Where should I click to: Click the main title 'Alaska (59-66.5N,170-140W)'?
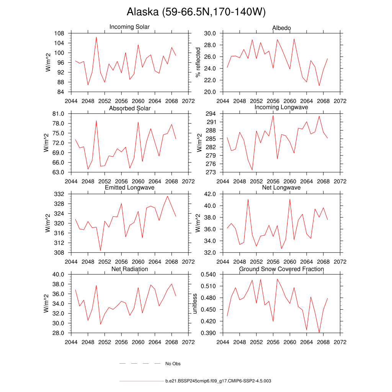click(x=196, y=12)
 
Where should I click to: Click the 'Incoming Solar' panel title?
click(x=129, y=27)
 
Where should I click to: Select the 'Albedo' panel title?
click(x=281, y=28)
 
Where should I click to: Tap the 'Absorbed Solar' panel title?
click(x=130, y=108)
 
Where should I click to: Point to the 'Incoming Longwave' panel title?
click(x=281, y=107)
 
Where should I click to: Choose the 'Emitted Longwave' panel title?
click(x=130, y=188)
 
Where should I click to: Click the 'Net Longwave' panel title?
click(x=281, y=188)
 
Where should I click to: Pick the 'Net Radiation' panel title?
click(x=130, y=269)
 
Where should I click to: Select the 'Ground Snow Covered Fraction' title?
click(x=281, y=269)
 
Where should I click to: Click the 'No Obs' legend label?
click(x=173, y=364)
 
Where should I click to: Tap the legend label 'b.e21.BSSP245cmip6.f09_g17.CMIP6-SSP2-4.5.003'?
click(x=218, y=381)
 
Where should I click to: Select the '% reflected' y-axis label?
click(x=198, y=62)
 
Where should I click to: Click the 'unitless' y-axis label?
click(x=195, y=304)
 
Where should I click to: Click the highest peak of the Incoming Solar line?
click(x=96, y=37)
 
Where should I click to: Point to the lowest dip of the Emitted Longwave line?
click(x=100, y=251)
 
